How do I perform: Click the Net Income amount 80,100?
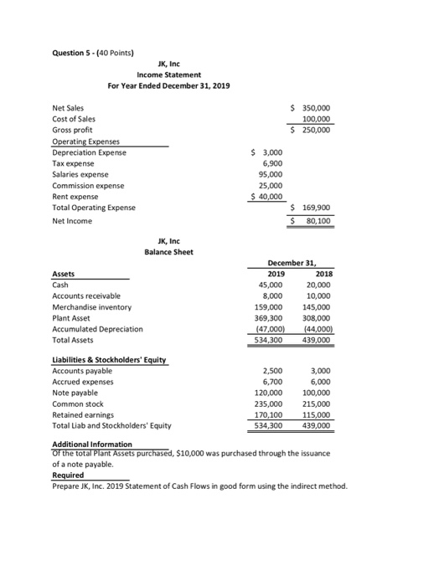tap(317, 221)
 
